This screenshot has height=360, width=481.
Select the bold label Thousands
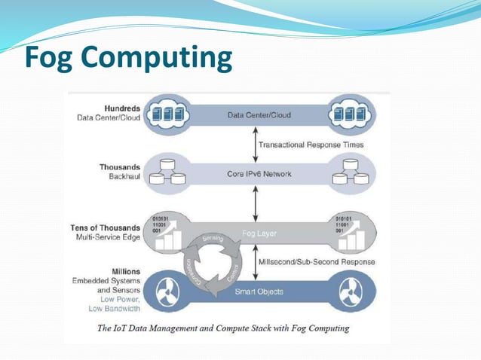(120, 166)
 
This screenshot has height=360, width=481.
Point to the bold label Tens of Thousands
(109, 227)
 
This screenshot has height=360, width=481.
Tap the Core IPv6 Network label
(259, 173)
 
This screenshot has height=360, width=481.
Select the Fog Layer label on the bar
(258, 233)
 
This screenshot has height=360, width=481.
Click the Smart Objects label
(259, 291)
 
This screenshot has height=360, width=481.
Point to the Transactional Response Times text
(311, 144)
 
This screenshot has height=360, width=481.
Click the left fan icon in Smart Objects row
(168, 291)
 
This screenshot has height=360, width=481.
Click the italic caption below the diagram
(223, 328)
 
